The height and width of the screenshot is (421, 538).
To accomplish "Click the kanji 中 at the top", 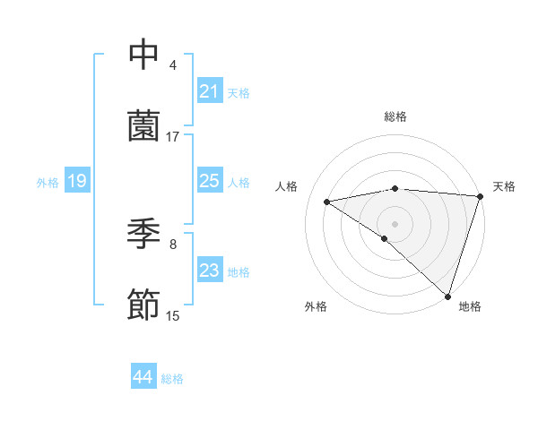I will [x=143, y=55].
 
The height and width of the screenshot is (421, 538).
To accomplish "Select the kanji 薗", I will [x=143, y=126].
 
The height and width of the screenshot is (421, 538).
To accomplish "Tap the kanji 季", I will [x=143, y=234].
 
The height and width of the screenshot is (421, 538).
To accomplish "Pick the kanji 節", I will [x=143, y=305].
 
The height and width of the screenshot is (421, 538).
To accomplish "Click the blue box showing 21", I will [x=209, y=90].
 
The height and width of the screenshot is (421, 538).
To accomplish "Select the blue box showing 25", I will [x=209, y=182].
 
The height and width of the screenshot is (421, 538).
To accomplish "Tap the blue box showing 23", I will [x=209, y=271].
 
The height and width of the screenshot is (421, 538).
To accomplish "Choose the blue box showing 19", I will [x=76, y=182].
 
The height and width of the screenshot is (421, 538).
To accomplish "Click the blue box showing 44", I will [x=143, y=377].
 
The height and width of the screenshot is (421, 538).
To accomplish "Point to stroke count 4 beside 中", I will [x=173, y=65].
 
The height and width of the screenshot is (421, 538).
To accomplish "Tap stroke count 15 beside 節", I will [x=173, y=316].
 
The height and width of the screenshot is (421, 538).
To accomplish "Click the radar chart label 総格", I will [x=395, y=116].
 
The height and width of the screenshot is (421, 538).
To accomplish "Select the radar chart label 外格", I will [x=316, y=307].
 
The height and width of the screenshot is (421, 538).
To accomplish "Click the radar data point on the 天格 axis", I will [x=480, y=196].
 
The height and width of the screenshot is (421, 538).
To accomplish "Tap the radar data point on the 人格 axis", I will [x=327, y=202].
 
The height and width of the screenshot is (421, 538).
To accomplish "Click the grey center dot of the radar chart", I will [x=395, y=223].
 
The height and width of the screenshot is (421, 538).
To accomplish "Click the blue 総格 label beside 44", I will [x=172, y=378].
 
